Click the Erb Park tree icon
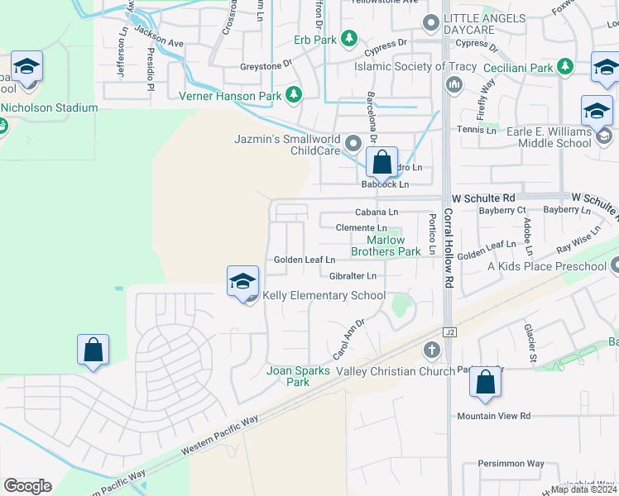(349, 38)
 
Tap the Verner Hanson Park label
(232, 95)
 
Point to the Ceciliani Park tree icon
(565, 66)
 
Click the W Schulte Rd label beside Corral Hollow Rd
(483, 198)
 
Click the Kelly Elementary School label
(324, 295)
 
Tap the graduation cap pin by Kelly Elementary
(242, 280)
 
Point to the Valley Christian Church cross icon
(430, 351)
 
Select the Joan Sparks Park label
(298, 376)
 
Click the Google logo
(27, 486)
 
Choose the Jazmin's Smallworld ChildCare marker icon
(353, 145)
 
